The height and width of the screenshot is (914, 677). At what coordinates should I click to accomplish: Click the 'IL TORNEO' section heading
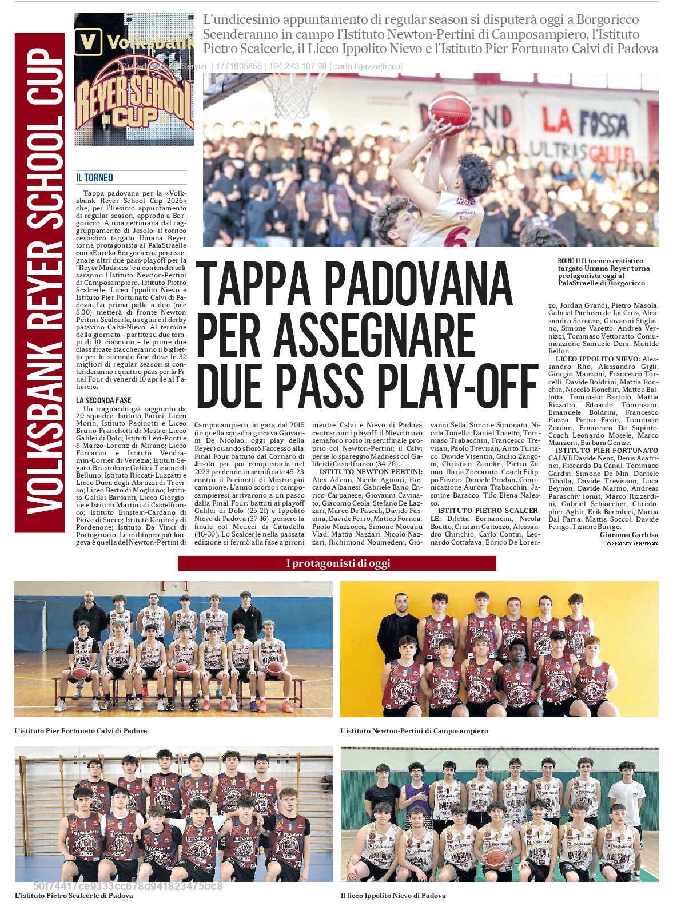coord(94,178)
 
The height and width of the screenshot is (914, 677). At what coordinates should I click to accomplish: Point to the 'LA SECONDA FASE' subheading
coord(103,400)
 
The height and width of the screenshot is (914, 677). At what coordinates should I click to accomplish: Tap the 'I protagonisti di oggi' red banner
coord(337,563)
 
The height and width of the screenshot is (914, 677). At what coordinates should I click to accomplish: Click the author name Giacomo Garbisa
coord(628,535)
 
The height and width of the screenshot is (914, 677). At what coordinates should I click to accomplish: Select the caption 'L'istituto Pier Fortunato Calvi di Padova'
coord(81,730)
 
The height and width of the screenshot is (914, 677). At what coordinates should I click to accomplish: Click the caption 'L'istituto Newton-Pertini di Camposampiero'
coord(414,730)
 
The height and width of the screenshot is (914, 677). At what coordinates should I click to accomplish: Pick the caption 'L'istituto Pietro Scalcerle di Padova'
coord(74,895)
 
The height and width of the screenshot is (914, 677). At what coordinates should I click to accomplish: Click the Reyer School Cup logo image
coord(134,80)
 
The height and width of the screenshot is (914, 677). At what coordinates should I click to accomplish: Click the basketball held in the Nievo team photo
coord(496,857)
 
